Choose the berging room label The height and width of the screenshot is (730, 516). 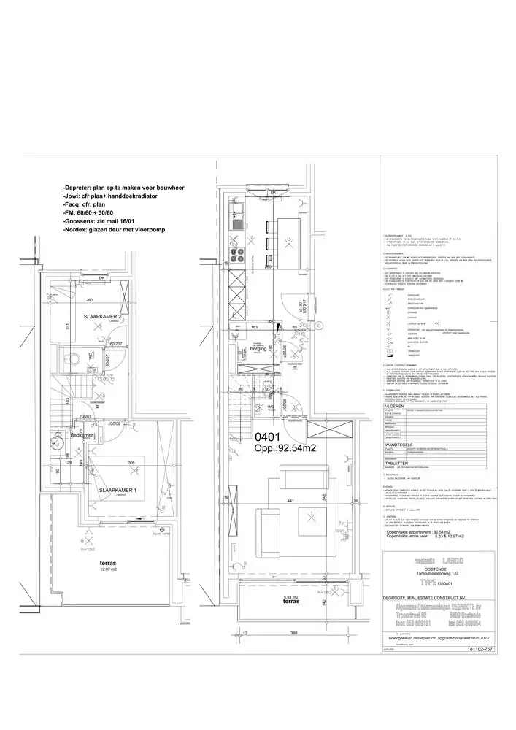click(x=259, y=350)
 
